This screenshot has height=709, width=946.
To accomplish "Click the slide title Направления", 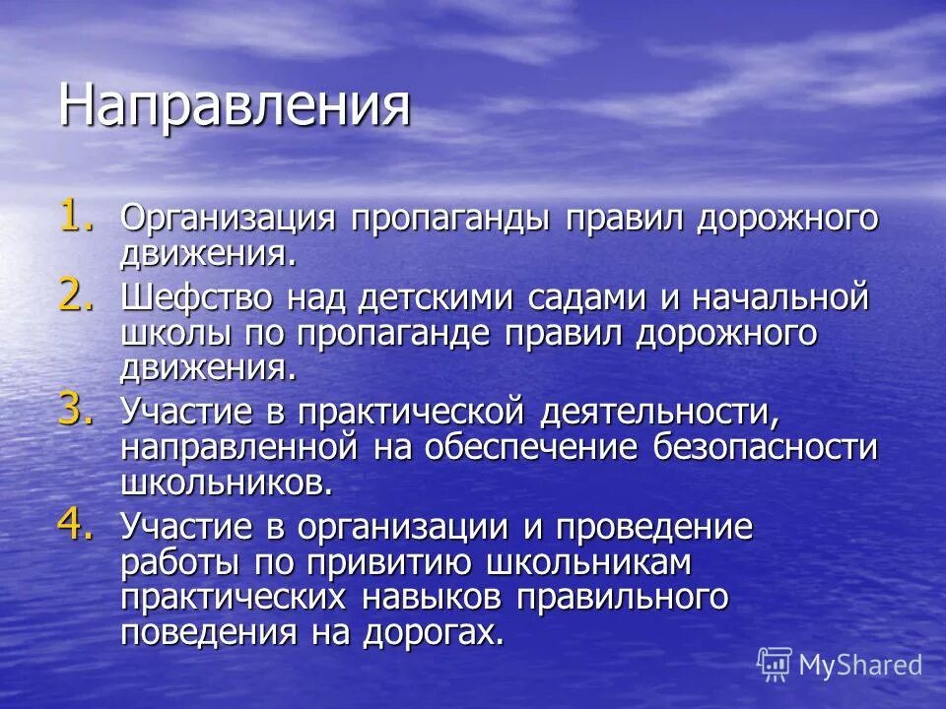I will [234, 106].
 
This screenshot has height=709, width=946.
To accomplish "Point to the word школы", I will [170, 335].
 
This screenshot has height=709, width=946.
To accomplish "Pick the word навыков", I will [430, 598].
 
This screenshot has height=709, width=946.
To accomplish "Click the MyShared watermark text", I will [859, 665].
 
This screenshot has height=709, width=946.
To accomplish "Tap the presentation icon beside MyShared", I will [775, 665].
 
